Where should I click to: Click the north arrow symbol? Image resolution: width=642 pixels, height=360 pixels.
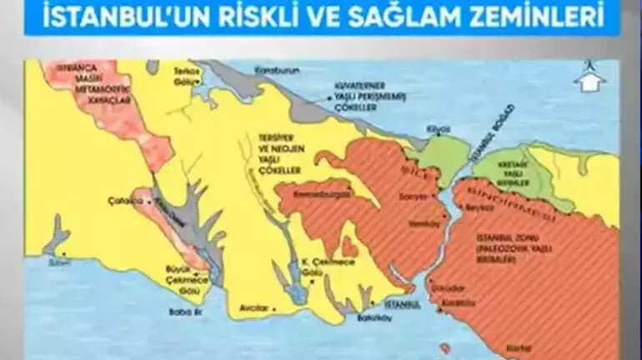coord(589,77)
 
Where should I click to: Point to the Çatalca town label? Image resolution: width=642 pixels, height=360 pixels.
coord(123,201)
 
